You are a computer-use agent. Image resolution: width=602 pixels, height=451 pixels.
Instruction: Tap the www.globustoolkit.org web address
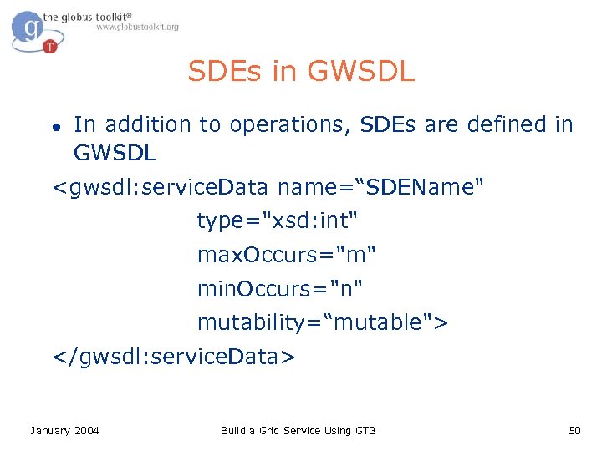click(x=137, y=28)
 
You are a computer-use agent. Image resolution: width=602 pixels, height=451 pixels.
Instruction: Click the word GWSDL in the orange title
click(x=360, y=71)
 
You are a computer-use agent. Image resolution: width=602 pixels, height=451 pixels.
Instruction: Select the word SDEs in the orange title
click(x=226, y=71)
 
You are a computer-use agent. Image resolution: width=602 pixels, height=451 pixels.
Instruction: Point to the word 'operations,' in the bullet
click(x=290, y=125)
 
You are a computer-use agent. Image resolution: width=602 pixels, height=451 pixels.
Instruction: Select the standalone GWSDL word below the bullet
click(x=115, y=154)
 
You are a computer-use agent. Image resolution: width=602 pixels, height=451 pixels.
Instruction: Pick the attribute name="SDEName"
click(x=380, y=187)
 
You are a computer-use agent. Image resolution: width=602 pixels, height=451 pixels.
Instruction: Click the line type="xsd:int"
click(x=278, y=221)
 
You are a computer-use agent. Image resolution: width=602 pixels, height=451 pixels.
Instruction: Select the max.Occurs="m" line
click(x=287, y=255)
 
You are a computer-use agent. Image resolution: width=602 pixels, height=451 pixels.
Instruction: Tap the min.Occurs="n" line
click(x=281, y=289)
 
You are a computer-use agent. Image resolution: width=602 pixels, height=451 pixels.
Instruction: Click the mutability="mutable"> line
click(x=323, y=322)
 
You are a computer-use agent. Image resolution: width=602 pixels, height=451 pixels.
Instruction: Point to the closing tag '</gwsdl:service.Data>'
click(x=174, y=357)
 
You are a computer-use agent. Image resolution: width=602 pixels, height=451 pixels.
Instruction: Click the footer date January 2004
click(x=64, y=430)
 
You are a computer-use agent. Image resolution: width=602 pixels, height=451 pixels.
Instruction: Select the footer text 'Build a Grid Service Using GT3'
click(x=298, y=430)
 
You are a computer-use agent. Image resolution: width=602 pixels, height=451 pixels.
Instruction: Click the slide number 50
click(x=574, y=430)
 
